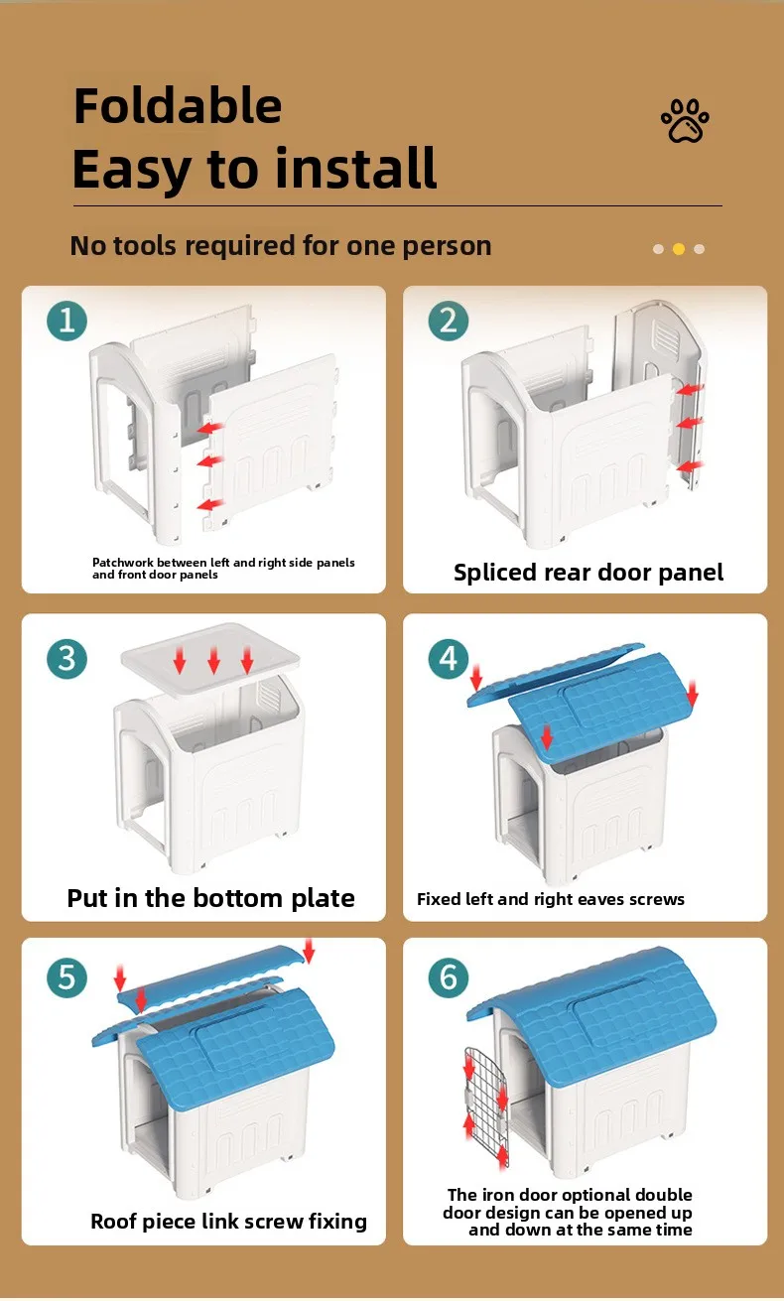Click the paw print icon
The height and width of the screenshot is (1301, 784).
pyautogui.click(x=685, y=121)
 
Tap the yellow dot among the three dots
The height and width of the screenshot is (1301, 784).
pyautogui.click(x=678, y=249)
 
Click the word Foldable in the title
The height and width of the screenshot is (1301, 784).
pyautogui.click(x=178, y=106)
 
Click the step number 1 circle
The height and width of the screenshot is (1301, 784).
pyautogui.click(x=66, y=321)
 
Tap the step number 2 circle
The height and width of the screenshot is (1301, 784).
pyautogui.click(x=449, y=321)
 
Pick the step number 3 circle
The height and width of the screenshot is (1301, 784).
pyautogui.click(x=66, y=659)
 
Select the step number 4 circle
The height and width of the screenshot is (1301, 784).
pyautogui.click(x=449, y=659)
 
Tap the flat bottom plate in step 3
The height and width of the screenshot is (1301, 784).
pyautogui.click(x=210, y=659)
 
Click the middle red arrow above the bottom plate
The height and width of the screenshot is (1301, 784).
pyautogui.click(x=213, y=660)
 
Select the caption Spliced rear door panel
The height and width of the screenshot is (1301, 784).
pyautogui.click(x=588, y=573)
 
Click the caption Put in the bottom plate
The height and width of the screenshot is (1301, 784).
pyautogui.click(x=210, y=898)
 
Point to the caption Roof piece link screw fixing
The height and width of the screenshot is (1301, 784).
pyautogui.click(x=229, y=1221)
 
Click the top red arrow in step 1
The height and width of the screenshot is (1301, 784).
pyautogui.click(x=210, y=428)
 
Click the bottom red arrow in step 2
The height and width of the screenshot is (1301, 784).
pyautogui.click(x=691, y=465)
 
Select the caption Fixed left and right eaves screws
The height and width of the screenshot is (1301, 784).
pyautogui.click(x=551, y=899)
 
